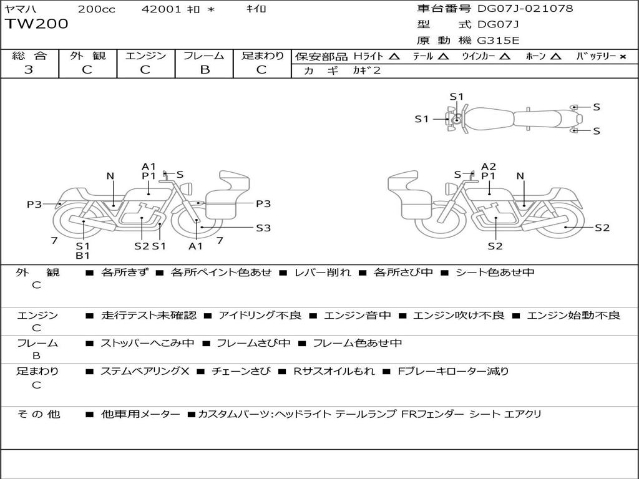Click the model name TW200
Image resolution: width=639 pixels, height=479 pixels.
tap(37, 24)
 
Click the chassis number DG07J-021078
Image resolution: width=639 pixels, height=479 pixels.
tap(525, 8)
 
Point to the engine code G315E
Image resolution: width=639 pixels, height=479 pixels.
tap(499, 41)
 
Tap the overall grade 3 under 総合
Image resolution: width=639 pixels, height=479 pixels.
tap(29, 70)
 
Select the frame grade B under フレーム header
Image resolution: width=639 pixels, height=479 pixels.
tap(205, 70)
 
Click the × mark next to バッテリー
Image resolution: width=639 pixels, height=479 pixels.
tap(623, 57)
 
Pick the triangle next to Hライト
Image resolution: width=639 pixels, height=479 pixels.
tap(394, 57)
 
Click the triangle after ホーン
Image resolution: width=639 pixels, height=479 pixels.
tap(555, 57)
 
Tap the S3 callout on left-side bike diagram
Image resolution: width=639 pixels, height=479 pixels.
tap(263, 228)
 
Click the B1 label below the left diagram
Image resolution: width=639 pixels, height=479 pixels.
tap(83, 255)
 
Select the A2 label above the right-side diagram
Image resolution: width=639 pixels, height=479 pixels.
tap(489, 166)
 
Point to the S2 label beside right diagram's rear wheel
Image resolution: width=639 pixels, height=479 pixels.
tap(602, 228)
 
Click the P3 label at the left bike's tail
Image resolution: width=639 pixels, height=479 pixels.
tap(34, 204)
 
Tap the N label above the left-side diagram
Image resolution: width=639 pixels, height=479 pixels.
tap(110, 176)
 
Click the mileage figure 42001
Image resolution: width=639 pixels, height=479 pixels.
tap(161, 9)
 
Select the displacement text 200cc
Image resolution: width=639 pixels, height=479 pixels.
tap(97, 9)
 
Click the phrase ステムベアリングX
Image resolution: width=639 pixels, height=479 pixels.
tap(145, 371)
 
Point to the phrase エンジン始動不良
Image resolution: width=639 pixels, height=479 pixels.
tap(573, 315)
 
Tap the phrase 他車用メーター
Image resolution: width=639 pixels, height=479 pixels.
tap(140, 414)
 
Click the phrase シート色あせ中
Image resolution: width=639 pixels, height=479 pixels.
tap(495, 272)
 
